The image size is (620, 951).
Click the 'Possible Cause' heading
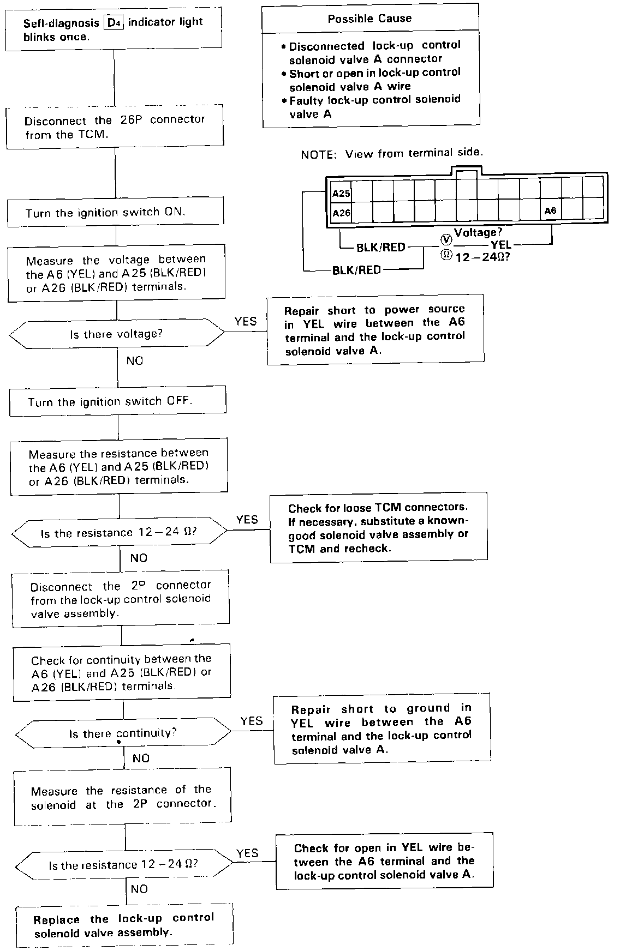(369, 19)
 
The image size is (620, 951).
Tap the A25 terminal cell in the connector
(341, 194)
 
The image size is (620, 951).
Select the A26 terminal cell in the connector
(341, 213)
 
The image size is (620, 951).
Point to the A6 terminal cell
(550, 211)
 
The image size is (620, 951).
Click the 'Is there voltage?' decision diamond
(116, 334)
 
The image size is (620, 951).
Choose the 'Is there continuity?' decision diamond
(123, 733)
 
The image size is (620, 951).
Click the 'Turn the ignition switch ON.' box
(115, 212)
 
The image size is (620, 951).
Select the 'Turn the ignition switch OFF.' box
(117, 402)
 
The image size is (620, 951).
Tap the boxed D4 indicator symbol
(114, 23)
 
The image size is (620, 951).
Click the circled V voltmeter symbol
(446, 239)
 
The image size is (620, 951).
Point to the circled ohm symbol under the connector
(446, 255)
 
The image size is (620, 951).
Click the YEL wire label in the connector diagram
(501, 245)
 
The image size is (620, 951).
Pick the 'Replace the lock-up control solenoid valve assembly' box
(124, 925)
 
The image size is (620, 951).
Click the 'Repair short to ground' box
(381, 729)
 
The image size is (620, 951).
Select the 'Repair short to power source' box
(375, 329)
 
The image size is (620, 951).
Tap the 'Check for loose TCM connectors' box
(378, 527)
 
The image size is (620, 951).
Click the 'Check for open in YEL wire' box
(384, 861)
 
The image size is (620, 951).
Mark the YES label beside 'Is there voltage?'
(246, 322)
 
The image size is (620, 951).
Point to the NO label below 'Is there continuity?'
(141, 758)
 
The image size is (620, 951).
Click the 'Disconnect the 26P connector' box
(115, 127)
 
